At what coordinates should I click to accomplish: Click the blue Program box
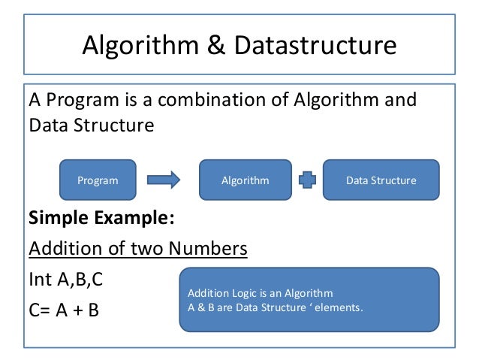[98, 180]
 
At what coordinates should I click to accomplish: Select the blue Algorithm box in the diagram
[245, 180]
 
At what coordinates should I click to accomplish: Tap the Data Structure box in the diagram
[381, 180]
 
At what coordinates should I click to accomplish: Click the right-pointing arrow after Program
[164, 180]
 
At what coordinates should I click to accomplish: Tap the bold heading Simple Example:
[101, 219]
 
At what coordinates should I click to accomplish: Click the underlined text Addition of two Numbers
[137, 248]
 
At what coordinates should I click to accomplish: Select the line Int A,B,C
[65, 279]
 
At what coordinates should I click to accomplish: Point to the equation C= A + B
[64, 310]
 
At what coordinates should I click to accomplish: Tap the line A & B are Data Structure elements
[275, 306]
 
